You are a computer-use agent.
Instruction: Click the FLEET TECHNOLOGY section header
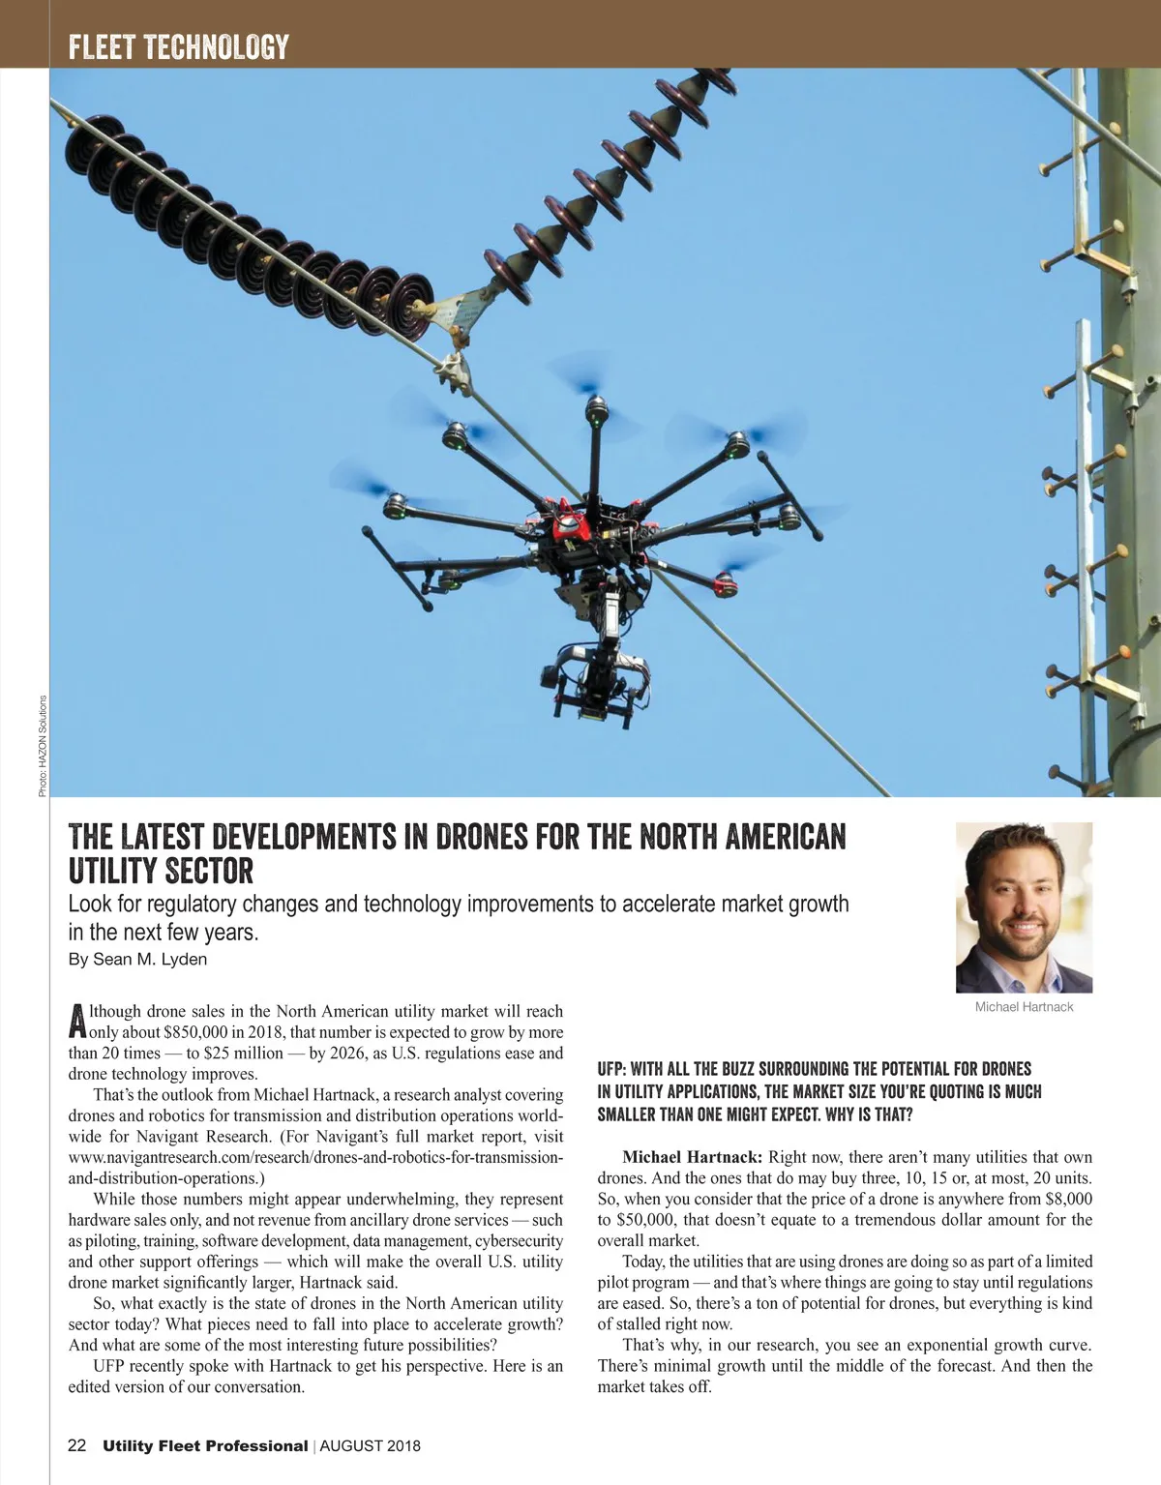click(179, 46)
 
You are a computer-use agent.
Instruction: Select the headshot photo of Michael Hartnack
click(1024, 906)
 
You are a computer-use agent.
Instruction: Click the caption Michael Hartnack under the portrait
click(1024, 1007)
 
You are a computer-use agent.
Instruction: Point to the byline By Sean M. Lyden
click(137, 960)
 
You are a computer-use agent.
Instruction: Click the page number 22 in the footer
click(77, 1445)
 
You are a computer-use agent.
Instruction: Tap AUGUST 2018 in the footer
click(371, 1445)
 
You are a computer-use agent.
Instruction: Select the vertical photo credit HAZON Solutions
click(43, 746)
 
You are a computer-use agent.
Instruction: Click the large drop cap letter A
click(77, 1022)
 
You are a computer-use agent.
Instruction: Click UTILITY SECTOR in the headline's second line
click(161, 871)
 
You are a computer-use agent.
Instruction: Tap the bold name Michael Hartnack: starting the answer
click(692, 1157)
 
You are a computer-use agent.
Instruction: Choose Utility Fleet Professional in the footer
click(205, 1445)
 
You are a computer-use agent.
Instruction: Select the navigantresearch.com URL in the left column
click(315, 1157)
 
